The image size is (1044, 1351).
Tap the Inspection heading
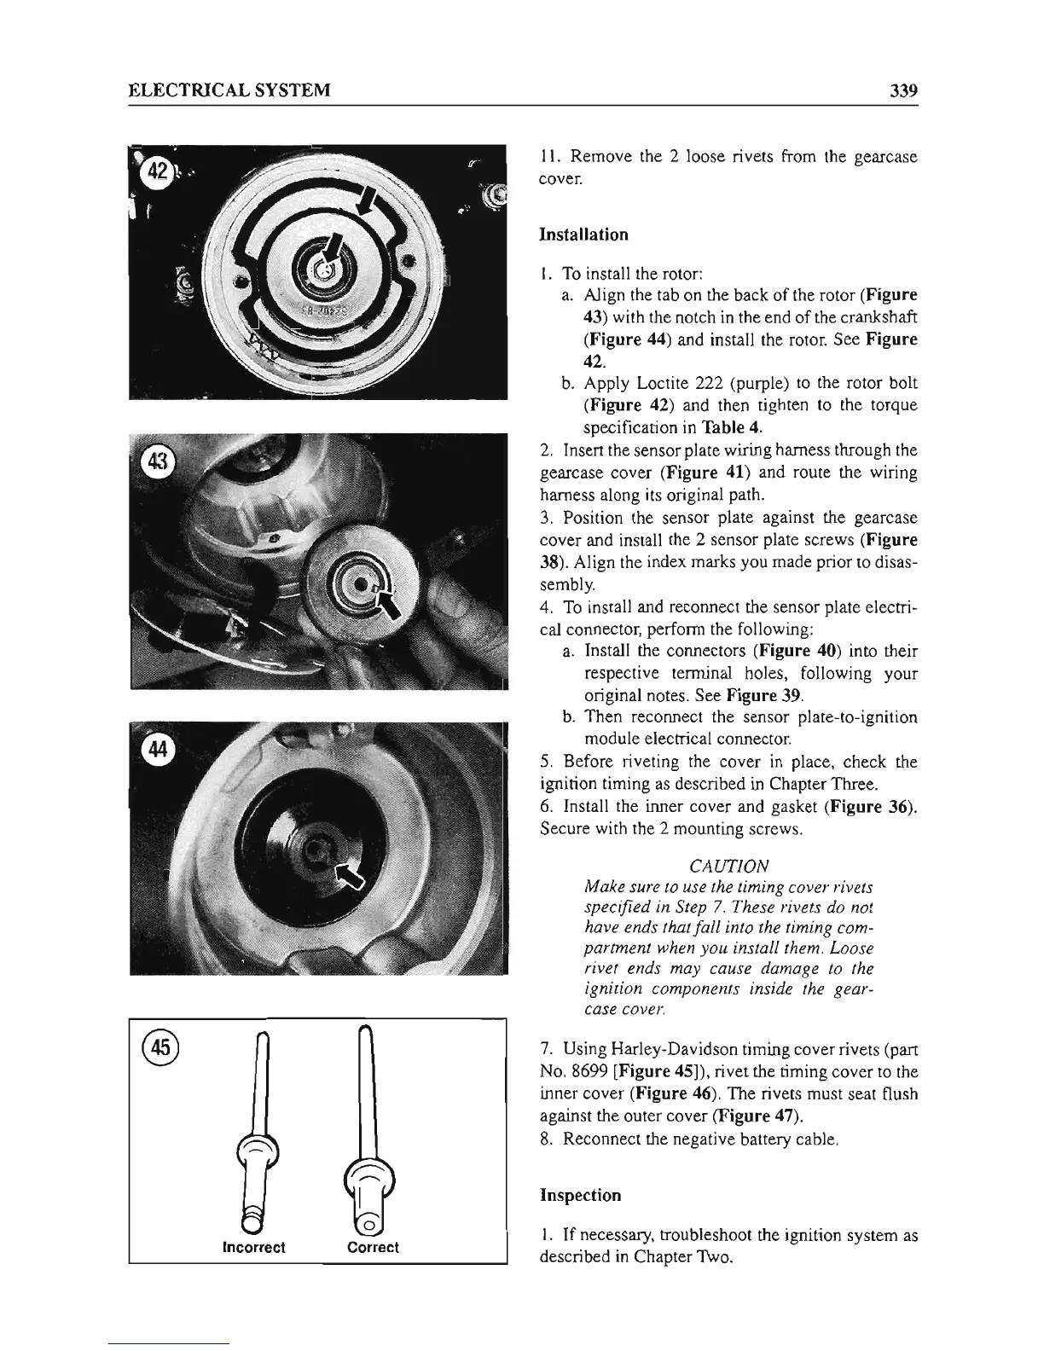click(x=581, y=1195)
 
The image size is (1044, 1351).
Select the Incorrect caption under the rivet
click(x=253, y=1247)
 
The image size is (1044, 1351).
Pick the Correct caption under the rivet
click(x=373, y=1247)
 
